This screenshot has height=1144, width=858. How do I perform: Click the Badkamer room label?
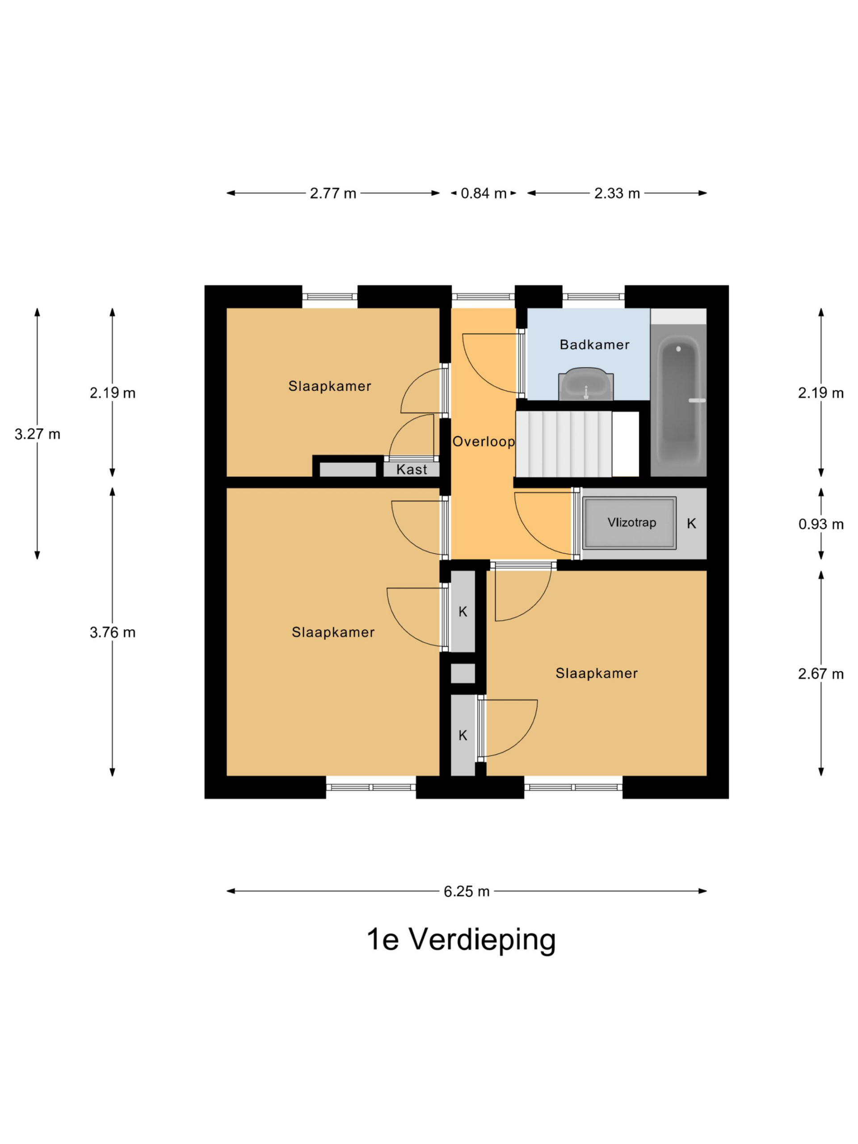(594, 345)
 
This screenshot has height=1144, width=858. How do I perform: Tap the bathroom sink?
(586, 384)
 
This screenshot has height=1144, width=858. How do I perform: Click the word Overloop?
(484, 442)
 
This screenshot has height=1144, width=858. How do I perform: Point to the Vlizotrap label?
(631, 522)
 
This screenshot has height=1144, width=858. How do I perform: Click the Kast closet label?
(412, 470)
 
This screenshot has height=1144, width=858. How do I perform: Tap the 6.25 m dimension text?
(467, 891)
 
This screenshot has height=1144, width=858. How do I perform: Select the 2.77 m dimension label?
(333, 193)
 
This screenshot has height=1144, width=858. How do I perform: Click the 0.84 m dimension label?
(484, 193)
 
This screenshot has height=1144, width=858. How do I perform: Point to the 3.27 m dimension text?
(37, 434)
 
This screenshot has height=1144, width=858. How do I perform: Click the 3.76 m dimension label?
(113, 632)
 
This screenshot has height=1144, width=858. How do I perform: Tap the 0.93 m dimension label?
(821, 524)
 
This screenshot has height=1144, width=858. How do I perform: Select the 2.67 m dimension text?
(821, 673)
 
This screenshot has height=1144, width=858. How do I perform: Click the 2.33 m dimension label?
(617, 193)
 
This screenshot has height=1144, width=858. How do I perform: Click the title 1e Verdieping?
(461, 939)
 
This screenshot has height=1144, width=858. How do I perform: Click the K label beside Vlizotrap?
(691, 523)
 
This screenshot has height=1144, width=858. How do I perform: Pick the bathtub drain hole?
(678, 349)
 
